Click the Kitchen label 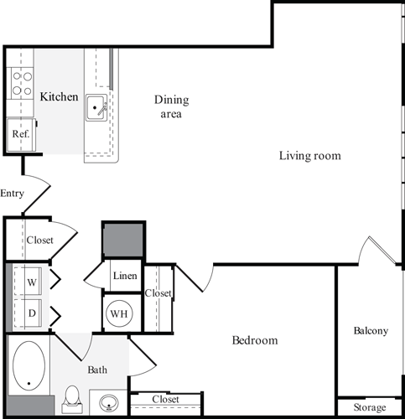click(x=59, y=97)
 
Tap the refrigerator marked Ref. click(x=20, y=133)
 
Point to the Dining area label click(x=171, y=106)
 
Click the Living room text click(x=310, y=156)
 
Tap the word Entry click(x=12, y=194)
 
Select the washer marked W click(x=32, y=282)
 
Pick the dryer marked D click(x=32, y=314)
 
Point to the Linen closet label click(x=124, y=277)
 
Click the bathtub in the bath click(x=30, y=365)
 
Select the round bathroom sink click(x=108, y=404)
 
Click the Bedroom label click(x=254, y=341)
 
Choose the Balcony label click(x=370, y=331)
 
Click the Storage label click(x=370, y=407)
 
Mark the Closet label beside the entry click(x=39, y=240)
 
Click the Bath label click(x=97, y=369)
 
